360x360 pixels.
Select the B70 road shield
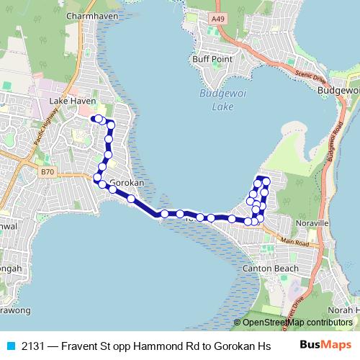point(48,171)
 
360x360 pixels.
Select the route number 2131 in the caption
point(32,346)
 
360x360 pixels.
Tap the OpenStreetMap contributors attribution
point(297,323)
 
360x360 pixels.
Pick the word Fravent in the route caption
point(78,346)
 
